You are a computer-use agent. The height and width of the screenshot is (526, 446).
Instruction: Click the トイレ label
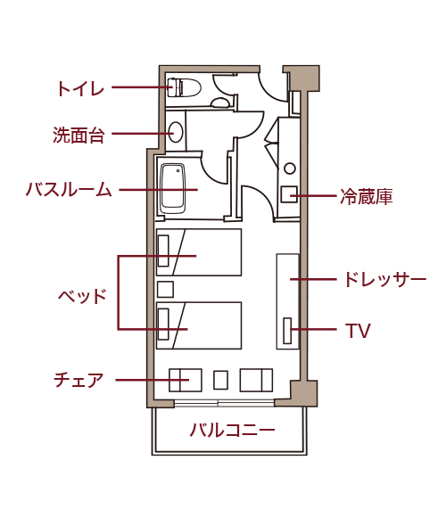[80, 89]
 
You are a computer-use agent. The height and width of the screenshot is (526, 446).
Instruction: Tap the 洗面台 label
[78, 135]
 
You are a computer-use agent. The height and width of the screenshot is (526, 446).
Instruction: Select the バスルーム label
[69, 189]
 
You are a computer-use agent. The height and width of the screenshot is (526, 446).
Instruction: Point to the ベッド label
[82, 296]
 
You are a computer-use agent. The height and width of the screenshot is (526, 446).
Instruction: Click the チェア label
[78, 380]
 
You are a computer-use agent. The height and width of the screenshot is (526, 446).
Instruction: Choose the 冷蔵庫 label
[366, 196]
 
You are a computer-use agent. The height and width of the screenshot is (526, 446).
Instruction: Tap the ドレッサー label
[385, 279]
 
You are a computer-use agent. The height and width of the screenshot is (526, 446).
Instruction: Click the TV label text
[358, 331]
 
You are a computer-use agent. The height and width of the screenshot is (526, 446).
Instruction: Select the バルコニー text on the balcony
[232, 430]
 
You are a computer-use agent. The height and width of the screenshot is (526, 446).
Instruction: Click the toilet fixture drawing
[184, 87]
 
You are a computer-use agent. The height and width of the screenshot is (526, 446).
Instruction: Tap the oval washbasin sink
[177, 132]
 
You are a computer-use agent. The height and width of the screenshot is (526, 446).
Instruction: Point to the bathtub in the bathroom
[173, 188]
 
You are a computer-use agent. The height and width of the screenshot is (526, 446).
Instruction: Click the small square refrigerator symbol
[289, 194]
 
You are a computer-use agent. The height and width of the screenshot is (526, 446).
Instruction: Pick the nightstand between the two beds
[165, 289]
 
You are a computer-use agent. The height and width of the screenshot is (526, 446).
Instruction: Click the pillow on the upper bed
[163, 251]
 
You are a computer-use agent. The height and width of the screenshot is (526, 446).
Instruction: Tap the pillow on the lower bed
[163, 324]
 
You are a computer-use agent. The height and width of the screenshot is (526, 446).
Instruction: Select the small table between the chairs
[221, 380]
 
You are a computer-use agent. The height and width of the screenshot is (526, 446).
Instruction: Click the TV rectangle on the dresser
[287, 331]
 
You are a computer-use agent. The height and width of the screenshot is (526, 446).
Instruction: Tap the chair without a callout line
[256, 380]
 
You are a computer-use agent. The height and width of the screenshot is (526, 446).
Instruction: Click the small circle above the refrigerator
[290, 168]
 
